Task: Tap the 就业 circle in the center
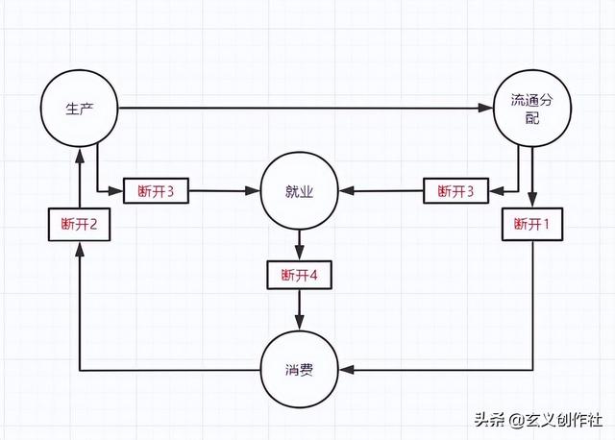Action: (300, 191)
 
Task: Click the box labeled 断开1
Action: (532, 224)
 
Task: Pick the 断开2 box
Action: (80, 224)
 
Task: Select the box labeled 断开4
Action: (300, 275)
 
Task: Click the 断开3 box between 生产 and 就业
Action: (157, 191)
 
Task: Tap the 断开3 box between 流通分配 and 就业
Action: (455, 191)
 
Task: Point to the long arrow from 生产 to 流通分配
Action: (298, 108)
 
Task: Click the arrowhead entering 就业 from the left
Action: (255, 191)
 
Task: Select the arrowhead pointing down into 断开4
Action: (300, 254)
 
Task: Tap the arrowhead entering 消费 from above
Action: (300, 324)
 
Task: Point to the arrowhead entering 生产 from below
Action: (80, 154)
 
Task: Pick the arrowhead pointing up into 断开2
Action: (80, 245)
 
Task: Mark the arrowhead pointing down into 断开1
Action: (532, 203)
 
